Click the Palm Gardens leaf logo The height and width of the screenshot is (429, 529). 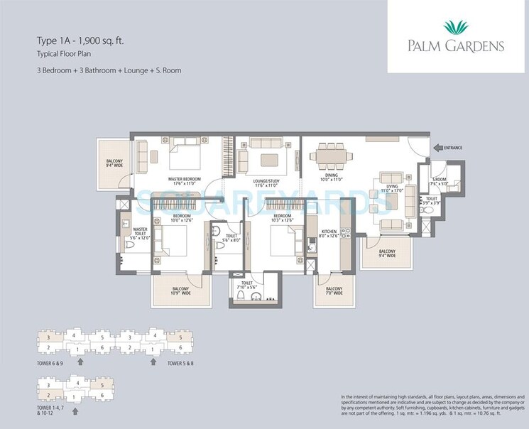(x=457, y=28)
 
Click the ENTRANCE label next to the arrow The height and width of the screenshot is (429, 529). (x=452, y=148)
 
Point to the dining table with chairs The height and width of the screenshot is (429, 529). (x=332, y=153)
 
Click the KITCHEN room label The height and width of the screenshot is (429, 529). (x=328, y=234)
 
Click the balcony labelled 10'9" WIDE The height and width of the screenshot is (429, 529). (x=182, y=290)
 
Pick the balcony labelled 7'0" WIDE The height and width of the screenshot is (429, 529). (x=334, y=290)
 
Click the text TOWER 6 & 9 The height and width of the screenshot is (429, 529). (x=51, y=363)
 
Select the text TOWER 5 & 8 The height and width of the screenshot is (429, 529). (x=180, y=363)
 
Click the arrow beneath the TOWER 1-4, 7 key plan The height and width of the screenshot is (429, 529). (x=75, y=411)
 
